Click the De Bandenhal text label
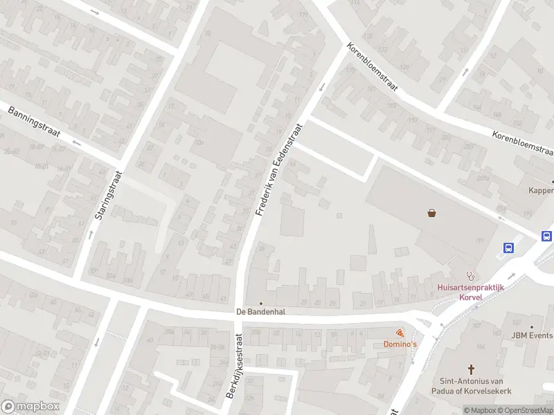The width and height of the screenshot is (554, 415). tap(260, 312)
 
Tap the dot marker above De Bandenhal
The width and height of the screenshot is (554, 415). tap(261, 303)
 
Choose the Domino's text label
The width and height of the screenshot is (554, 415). tap(400, 344)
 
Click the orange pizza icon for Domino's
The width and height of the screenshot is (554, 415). tap(400, 333)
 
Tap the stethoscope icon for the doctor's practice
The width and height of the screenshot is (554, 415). tap(471, 275)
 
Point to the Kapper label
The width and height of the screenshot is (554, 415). tap(541, 190)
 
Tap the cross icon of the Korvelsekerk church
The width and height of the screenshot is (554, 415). tap(471, 369)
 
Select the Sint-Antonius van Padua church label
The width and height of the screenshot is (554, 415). tap(471, 385)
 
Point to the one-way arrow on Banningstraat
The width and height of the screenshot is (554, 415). tap(76, 144)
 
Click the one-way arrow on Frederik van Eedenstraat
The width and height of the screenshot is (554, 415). tap(321, 87)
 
